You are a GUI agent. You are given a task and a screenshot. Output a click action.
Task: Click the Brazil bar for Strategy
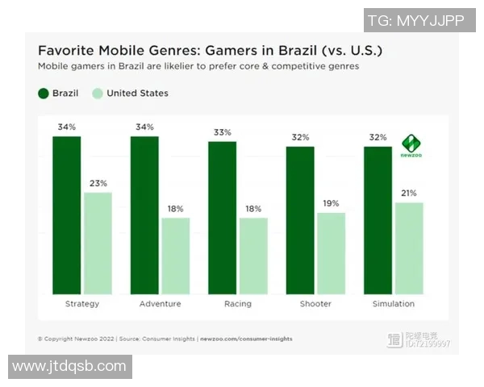tap(67, 214)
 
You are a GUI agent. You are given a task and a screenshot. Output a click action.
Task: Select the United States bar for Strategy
tap(98, 243)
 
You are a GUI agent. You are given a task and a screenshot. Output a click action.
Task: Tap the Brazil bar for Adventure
tap(144, 214)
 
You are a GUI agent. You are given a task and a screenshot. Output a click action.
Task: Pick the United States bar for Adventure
tap(175, 256)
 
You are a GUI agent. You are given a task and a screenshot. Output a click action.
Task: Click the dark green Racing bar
tap(222, 217)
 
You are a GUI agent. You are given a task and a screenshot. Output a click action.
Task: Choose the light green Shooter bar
tap(331, 253)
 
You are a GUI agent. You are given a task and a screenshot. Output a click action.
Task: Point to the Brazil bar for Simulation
tap(378, 219)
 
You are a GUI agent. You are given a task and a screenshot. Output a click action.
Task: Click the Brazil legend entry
tap(59, 94)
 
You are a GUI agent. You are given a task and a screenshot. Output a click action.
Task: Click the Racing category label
tap(237, 304)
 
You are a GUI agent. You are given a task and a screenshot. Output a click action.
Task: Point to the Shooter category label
tap(315, 304)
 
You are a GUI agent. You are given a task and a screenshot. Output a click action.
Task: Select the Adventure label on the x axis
tap(160, 304)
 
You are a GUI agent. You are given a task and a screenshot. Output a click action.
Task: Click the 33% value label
tap(222, 132)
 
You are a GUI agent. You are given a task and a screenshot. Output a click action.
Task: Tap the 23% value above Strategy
tap(98, 183)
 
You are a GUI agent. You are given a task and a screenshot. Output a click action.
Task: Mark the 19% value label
tap(331, 203)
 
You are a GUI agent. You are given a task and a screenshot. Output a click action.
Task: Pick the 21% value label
tap(409, 193)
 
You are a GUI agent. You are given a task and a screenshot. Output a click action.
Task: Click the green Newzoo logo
tap(412, 146)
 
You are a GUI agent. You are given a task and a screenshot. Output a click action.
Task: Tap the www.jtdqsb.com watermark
tap(69, 366)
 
